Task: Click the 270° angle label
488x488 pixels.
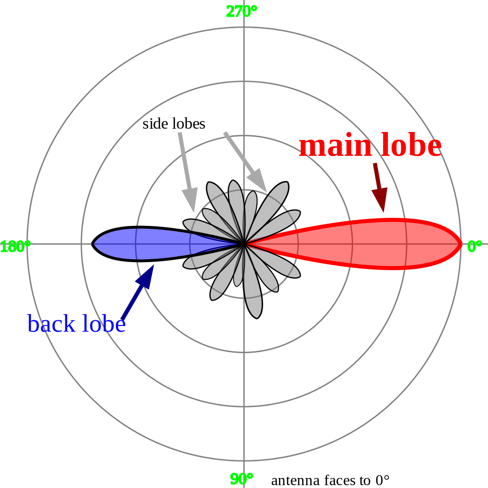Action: point(242,12)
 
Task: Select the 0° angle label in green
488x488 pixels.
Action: point(475,246)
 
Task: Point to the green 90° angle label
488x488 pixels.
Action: point(242,479)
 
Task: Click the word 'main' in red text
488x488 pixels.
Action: point(335,146)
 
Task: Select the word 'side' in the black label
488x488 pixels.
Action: point(155,123)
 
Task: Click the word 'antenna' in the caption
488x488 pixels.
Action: point(295,480)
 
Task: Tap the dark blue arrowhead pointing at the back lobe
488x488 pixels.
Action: point(145,276)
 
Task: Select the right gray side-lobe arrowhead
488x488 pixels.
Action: point(258,181)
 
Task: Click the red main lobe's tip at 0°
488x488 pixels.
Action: point(461,244)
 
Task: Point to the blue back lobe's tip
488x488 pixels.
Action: point(92,244)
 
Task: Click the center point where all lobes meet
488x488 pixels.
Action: point(244,244)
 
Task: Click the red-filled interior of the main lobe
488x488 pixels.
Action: point(374,244)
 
